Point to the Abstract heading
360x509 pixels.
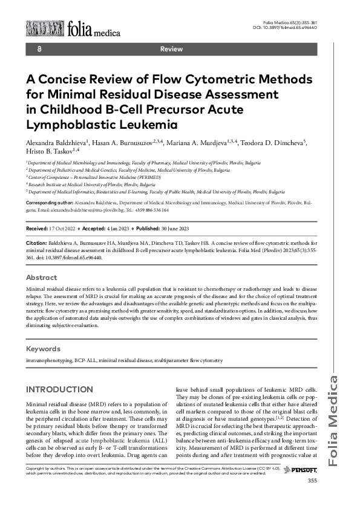(x=42, y=277)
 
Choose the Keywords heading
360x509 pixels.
(x=43, y=349)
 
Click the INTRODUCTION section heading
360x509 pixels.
(x=59, y=389)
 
